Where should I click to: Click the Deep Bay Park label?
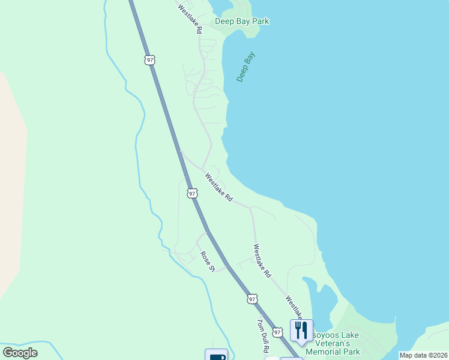point(242,22)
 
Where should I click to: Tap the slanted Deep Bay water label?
point(246,67)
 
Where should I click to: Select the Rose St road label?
point(208,261)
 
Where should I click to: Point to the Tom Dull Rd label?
point(263,335)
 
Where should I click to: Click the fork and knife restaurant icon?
point(301,329)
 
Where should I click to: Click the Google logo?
point(20,353)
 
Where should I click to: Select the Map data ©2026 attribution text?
point(424,355)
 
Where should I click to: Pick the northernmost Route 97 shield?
point(149,60)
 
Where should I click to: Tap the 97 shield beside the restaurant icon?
point(277,332)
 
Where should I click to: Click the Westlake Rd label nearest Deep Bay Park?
point(189,19)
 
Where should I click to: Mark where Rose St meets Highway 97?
point(228,267)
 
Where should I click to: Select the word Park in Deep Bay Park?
point(261,22)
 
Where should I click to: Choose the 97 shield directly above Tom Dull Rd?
point(252,298)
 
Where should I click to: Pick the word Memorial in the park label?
point(322,352)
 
